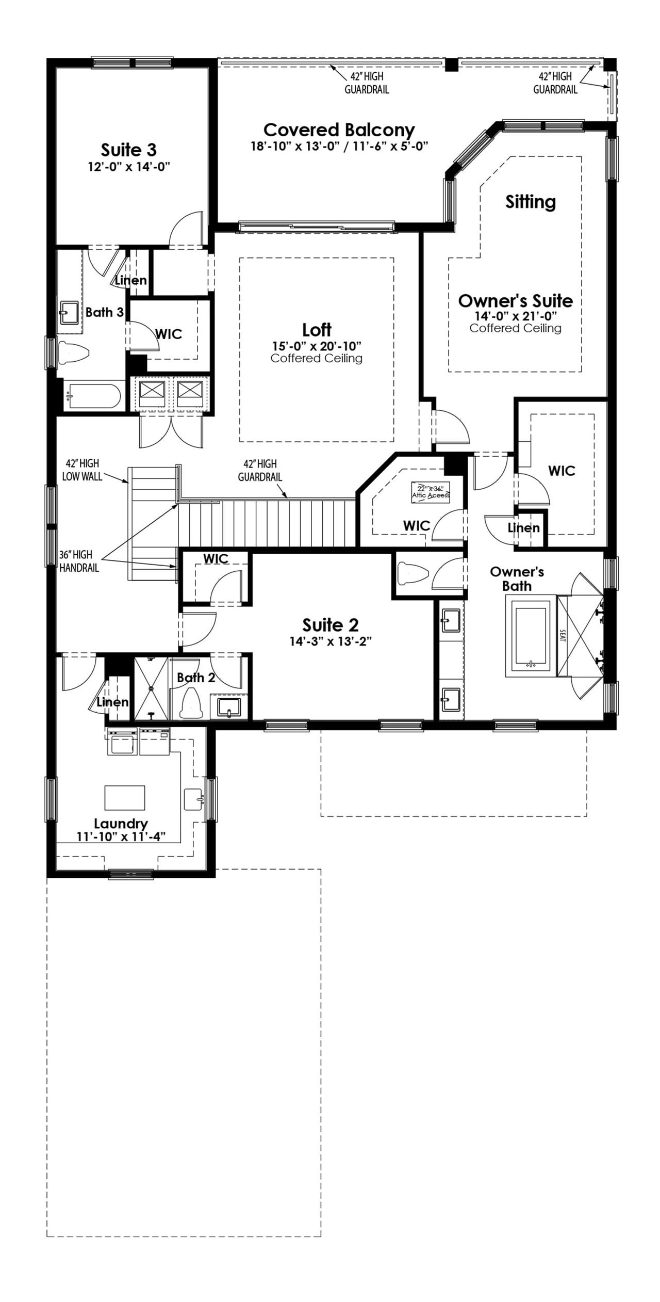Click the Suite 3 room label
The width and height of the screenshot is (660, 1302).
click(128, 150)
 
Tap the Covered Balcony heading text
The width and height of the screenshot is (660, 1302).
click(339, 130)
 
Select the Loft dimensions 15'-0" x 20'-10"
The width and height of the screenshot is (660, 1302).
click(317, 346)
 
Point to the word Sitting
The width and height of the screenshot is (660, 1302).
click(531, 201)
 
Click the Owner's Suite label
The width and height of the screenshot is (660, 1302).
click(515, 301)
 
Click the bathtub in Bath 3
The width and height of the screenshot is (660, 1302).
click(94, 396)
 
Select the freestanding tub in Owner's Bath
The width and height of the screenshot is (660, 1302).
click(530, 635)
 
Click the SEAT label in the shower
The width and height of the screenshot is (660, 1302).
click(562, 635)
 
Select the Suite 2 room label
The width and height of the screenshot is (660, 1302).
click(330, 625)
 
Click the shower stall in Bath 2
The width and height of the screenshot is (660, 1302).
click(151, 688)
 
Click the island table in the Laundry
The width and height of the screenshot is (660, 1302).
click(125, 798)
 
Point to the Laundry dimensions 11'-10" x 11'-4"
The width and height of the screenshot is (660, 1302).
click(121, 837)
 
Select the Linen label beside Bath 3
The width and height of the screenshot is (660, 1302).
click(131, 281)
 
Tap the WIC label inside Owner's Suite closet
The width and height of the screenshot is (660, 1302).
click(562, 471)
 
